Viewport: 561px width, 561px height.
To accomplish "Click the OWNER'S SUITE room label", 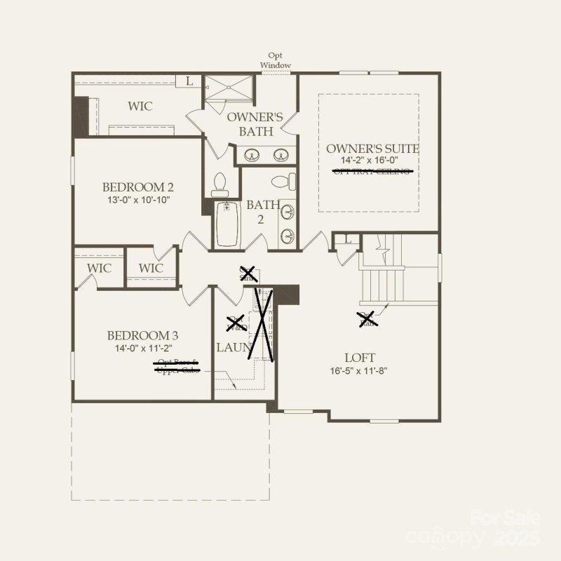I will click(x=372, y=149).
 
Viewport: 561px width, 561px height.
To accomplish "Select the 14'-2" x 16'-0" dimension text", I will click(x=369, y=161).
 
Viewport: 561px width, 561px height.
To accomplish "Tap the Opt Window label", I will click(x=276, y=60).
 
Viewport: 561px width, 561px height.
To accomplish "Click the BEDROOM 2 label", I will click(x=137, y=187).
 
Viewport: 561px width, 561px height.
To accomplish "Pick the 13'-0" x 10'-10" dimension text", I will click(x=137, y=200).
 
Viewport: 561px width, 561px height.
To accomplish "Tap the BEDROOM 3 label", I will click(x=137, y=336).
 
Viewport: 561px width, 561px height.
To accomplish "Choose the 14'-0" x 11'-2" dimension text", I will click(x=137, y=348).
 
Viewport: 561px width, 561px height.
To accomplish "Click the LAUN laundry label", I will click(x=230, y=347).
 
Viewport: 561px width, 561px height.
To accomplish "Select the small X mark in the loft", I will click(x=366, y=320).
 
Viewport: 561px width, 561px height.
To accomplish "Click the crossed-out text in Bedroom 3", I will click(x=177, y=366).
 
